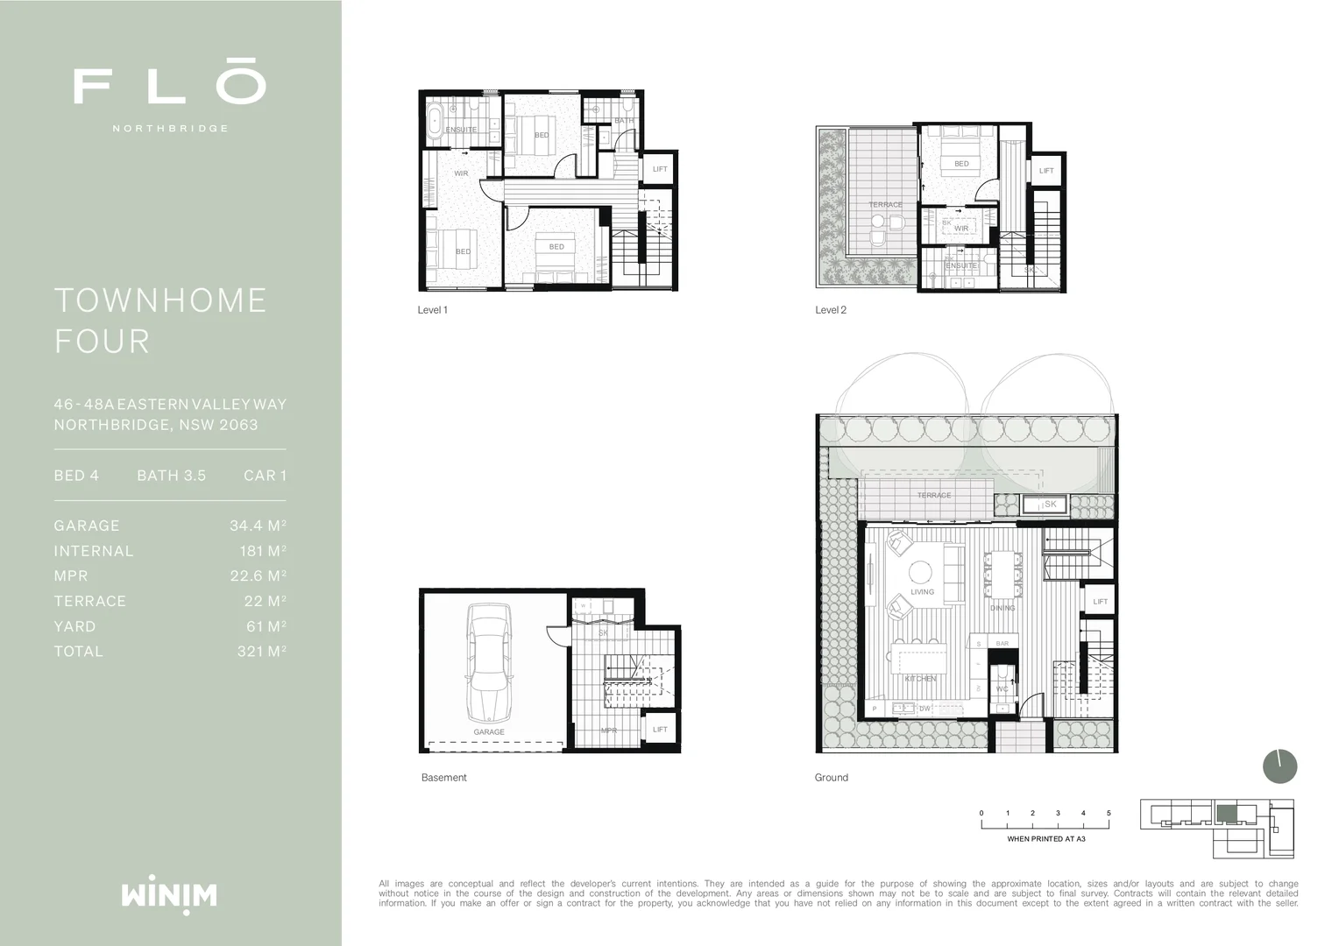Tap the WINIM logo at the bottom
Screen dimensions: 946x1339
169,895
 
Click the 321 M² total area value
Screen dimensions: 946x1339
261,652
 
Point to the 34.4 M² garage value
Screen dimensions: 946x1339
258,526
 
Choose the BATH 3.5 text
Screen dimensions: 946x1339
171,476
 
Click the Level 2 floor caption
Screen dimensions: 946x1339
830,310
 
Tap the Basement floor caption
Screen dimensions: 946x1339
443,778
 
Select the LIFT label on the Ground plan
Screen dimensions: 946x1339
1100,602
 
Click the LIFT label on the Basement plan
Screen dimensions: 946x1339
660,730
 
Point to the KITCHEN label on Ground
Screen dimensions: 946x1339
920,679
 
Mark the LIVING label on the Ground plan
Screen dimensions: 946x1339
922,592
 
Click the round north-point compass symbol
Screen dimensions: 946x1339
1279,766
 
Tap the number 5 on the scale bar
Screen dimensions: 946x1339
1109,813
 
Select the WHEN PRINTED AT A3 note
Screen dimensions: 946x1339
1045,839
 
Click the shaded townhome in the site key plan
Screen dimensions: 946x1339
1227,814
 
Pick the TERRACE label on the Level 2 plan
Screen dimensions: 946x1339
885,205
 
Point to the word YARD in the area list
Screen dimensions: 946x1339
74,626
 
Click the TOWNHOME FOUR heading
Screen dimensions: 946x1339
160,321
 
